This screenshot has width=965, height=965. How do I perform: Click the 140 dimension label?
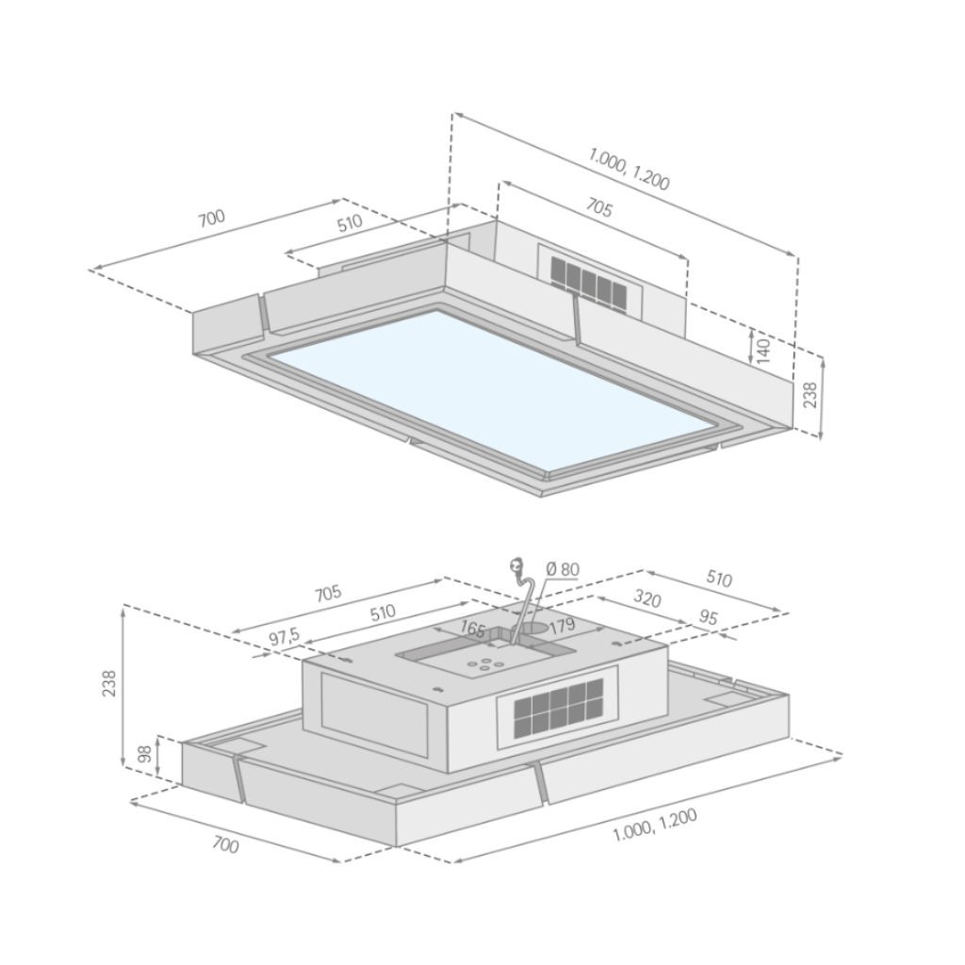762,351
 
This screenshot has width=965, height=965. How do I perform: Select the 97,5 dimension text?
284,638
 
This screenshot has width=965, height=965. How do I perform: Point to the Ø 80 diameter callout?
563,569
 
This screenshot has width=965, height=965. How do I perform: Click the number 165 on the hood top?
473,629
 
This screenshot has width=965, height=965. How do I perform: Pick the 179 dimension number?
562,627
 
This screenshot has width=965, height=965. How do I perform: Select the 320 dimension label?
646,598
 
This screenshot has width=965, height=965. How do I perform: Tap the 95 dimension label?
709,617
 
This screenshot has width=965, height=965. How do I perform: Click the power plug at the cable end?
515,564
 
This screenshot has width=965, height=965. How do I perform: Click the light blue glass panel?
492,389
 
